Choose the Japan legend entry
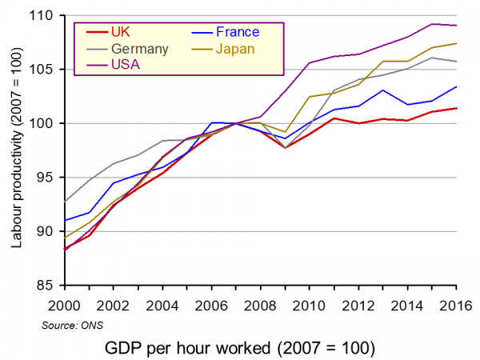click(x=237, y=49)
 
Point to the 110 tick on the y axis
click(x=45, y=15)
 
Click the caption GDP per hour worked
click(x=240, y=349)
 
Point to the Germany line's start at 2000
click(x=65, y=202)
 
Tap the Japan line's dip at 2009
click(x=285, y=132)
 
